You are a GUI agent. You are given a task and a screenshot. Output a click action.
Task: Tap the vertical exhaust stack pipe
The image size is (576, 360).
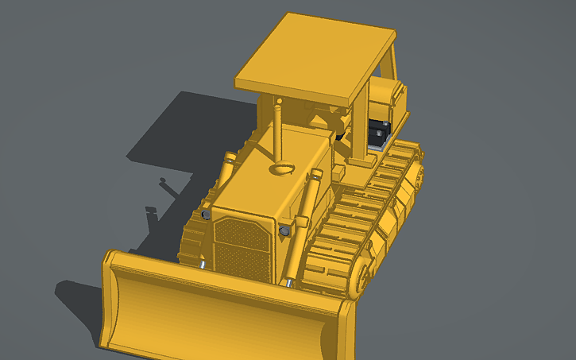[x=278, y=127]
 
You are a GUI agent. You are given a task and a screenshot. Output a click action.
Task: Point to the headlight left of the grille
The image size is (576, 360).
[x=207, y=215]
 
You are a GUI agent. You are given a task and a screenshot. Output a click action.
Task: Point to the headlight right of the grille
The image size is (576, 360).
[x=284, y=230]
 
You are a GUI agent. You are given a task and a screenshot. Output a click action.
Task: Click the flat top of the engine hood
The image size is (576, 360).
[x=262, y=183]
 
